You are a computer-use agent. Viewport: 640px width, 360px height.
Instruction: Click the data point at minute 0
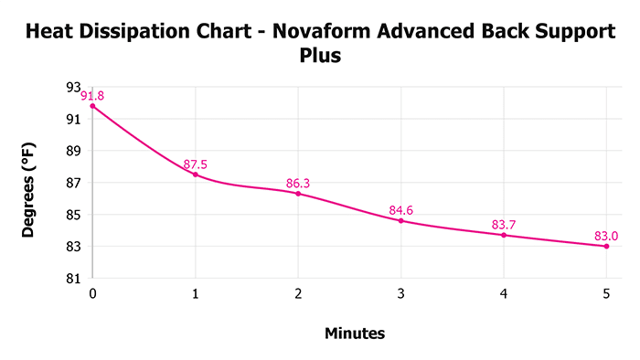[92, 106]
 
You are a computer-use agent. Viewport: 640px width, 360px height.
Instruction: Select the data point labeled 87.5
[195, 175]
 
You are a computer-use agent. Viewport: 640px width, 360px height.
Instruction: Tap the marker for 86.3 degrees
[298, 193]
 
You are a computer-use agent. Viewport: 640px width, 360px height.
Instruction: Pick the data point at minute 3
[400, 220]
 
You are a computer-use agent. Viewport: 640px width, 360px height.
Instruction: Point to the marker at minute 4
[504, 235]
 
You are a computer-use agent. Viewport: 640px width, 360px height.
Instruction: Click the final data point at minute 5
[606, 246]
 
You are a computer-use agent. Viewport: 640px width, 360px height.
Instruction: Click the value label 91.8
[92, 96]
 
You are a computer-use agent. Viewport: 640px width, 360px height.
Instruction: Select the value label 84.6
[401, 211]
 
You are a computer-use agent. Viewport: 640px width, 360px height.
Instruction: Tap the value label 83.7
[504, 225]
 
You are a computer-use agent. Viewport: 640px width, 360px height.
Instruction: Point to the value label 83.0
[606, 236]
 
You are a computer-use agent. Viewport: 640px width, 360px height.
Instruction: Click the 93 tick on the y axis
[75, 87]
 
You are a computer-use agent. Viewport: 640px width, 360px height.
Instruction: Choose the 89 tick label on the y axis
[75, 151]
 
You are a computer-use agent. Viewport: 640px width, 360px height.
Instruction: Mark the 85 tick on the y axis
[75, 215]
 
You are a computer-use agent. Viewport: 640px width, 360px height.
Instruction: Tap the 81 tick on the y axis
[75, 279]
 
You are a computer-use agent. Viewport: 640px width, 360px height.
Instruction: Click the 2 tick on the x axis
[298, 294]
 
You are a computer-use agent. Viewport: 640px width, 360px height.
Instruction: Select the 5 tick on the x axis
[606, 294]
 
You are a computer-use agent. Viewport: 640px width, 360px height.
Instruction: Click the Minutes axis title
[355, 334]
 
